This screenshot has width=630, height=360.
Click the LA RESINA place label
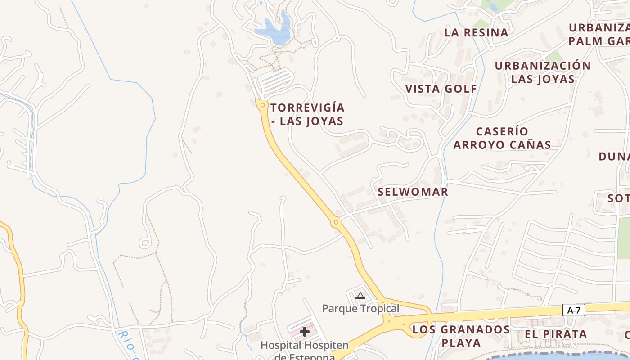coord(476,32)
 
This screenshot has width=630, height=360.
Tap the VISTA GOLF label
coord(441,89)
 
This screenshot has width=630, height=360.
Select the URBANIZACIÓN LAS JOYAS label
coord(543,72)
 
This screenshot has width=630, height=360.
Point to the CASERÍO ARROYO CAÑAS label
coord(502,138)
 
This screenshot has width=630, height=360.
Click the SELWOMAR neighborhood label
coord(413,192)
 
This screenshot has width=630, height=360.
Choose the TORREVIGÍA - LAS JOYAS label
coord(308,114)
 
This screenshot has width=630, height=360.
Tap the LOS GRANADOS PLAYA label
coord(461,336)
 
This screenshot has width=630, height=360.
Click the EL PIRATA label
coord(556,334)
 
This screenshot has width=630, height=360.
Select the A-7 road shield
coord(574,310)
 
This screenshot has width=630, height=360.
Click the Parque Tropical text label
coord(360,309)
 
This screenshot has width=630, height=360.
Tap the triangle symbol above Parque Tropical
coord(360,296)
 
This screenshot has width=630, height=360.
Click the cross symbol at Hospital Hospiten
coord(305,332)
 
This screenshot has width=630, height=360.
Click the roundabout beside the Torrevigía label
coord(262,105)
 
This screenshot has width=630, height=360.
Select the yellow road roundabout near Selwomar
coord(336,222)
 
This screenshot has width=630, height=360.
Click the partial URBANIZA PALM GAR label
coord(598,34)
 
